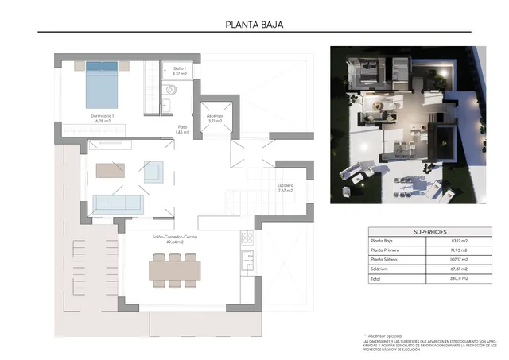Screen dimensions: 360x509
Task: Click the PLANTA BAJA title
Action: (254, 24)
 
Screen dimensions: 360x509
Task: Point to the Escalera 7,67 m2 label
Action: (286, 188)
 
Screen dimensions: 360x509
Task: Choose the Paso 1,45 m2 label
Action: (182, 129)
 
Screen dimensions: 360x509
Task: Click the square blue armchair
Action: (153, 171)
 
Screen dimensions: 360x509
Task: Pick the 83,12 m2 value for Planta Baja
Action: (459, 241)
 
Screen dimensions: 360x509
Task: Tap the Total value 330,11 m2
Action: (459, 279)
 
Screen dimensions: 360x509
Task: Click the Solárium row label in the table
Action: (381, 269)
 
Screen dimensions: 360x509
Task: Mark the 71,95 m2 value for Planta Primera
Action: (459, 250)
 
